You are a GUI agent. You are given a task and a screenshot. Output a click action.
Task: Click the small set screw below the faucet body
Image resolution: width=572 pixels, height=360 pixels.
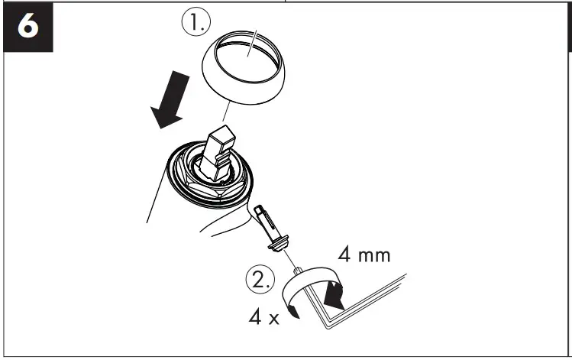(x=269, y=226)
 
